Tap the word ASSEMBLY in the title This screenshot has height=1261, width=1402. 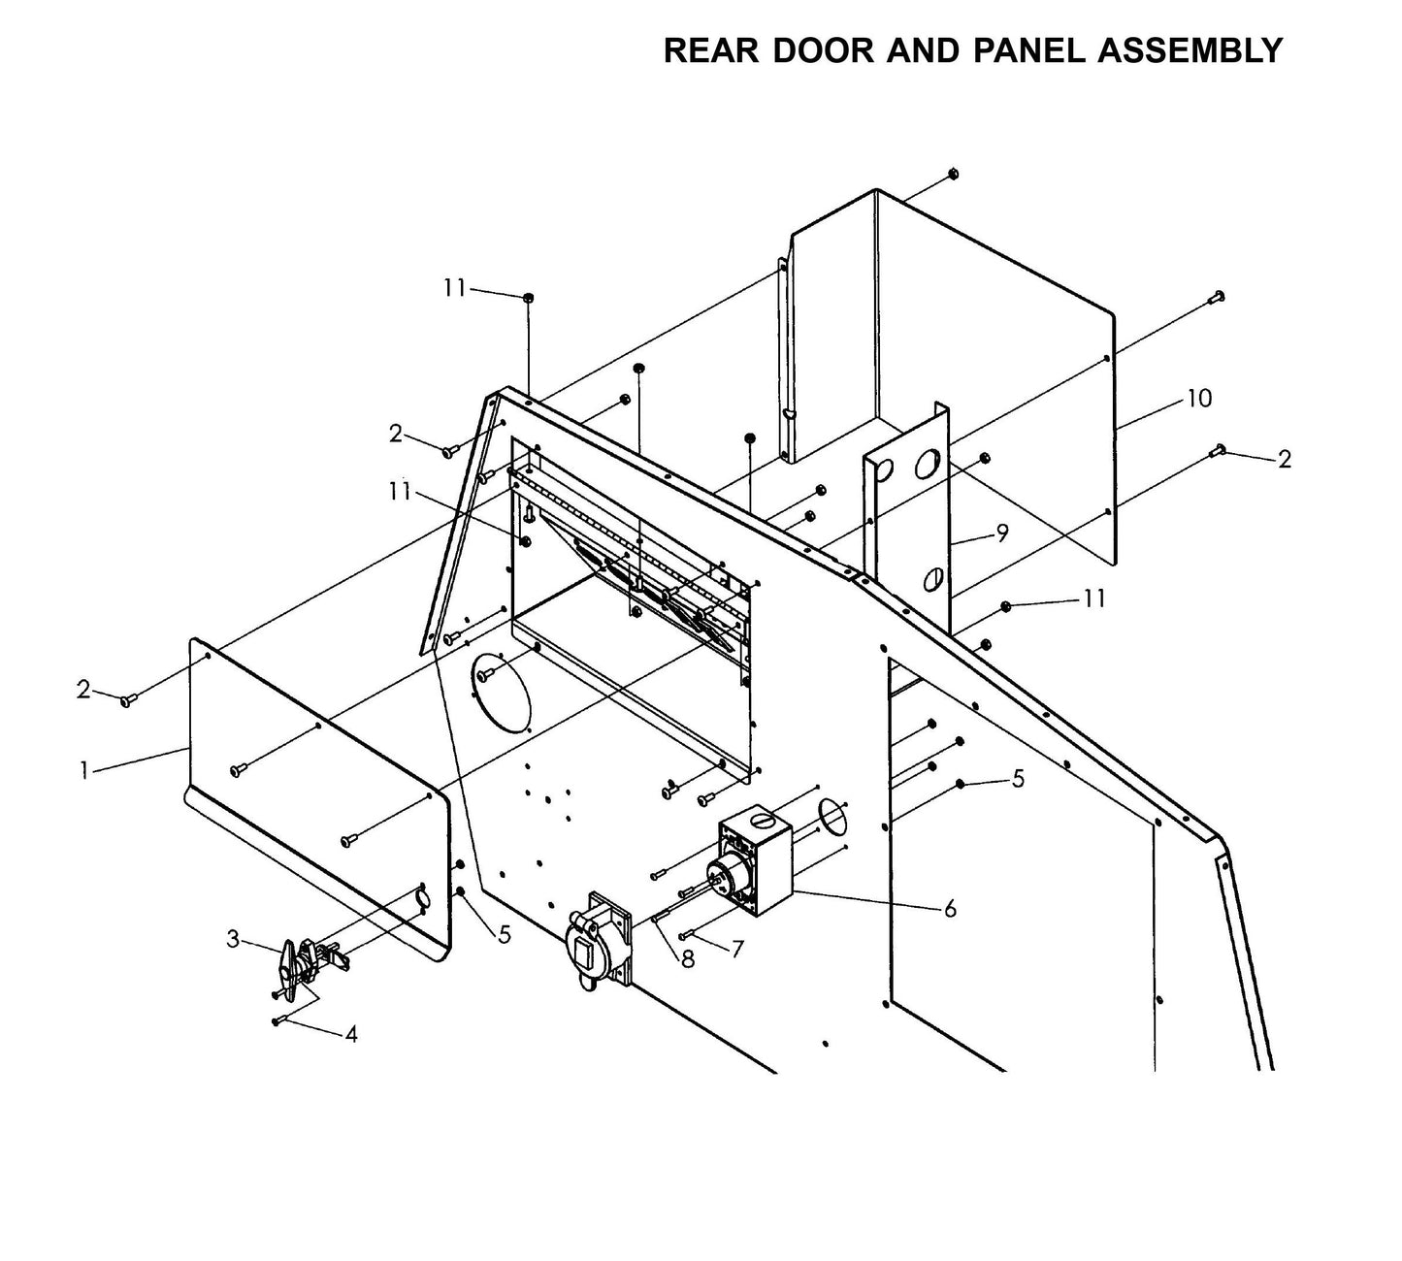[x=1190, y=50]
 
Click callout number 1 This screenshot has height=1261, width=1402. [x=84, y=770]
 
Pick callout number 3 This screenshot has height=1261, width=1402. [x=233, y=938]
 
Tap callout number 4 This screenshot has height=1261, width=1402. [x=351, y=1035]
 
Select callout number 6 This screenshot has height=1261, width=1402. [x=950, y=908]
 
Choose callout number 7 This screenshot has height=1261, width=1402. [x=737, y=949]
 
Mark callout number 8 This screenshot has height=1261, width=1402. [x=688, y=959]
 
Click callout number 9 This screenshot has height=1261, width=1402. [x=1002, y=533]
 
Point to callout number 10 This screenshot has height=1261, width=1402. [x=1199, y=399]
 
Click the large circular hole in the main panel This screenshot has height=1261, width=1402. [x=502, y=691]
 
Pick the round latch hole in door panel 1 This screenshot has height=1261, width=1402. [x=422, y=898]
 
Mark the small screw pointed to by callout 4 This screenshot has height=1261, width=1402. [x=277, y=1020]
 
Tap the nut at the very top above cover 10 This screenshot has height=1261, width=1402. [x=952, y=174]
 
